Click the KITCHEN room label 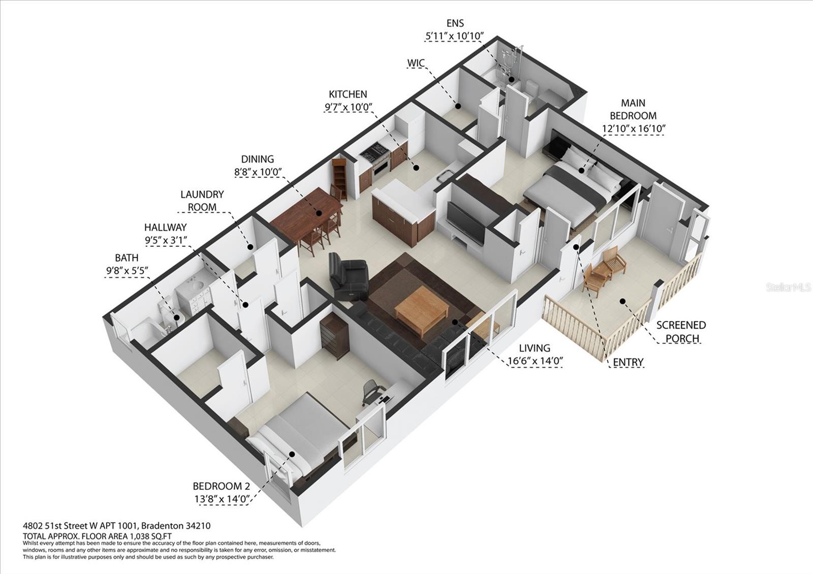click(348, 94)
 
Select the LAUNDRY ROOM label click(202, 201)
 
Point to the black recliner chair click(348, 277)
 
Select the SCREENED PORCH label click(681, 331)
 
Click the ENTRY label click(628, 362)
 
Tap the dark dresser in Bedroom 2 click(335, 333)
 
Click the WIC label click(416, 63)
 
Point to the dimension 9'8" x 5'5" click(127, 271)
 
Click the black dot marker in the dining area click(319, 213)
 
